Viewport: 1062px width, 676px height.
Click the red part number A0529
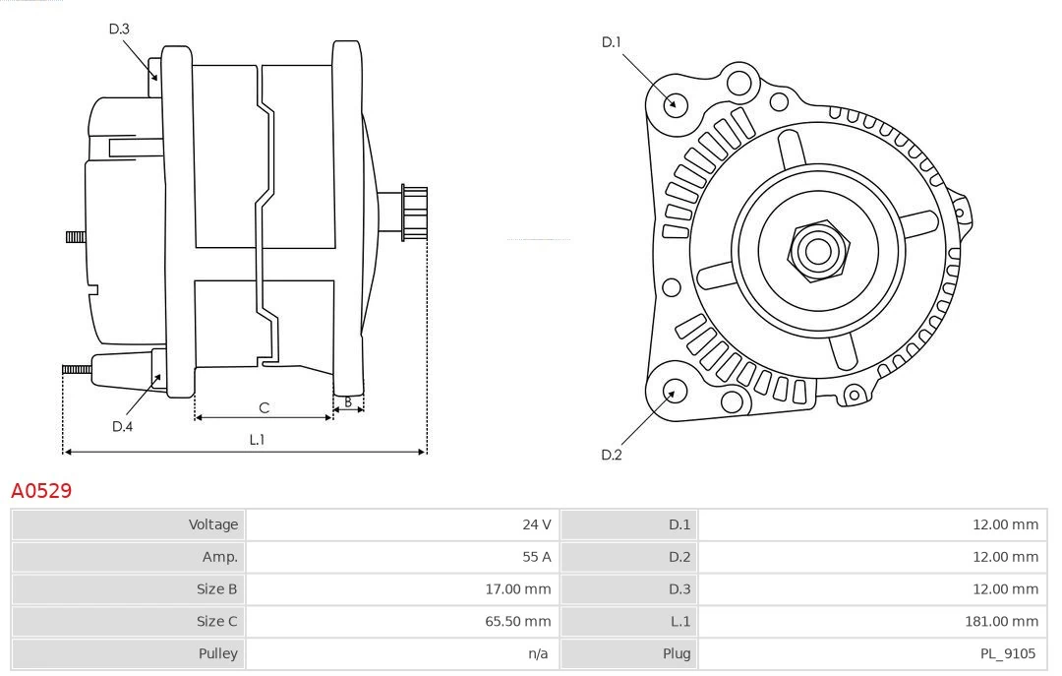[x=41, y=490]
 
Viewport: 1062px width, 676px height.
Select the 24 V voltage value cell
[x=536, y=524]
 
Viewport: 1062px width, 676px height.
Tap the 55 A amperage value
[x=536, y=557]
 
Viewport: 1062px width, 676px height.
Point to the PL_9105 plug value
[x=1007, y=652]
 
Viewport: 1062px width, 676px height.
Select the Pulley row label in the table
[x=217, y=652]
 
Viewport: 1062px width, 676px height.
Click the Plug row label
[x=677, y=652]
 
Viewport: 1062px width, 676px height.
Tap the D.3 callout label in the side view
[x=119, y=29]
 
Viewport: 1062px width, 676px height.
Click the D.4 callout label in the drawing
[x=122, y=426]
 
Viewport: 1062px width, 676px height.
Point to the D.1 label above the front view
[x=612, y=41]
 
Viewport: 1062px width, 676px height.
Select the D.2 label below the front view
[x=612, y=455]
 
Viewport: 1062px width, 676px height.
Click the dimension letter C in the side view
[x=264, y=407]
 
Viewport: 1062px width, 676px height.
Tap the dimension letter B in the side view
[x=348, y=401]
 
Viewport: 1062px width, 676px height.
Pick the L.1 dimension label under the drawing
[x=257, y=440]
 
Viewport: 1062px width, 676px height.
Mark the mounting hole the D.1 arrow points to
[x=676, y=103]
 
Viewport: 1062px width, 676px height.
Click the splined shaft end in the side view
[x=414, y=213]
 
